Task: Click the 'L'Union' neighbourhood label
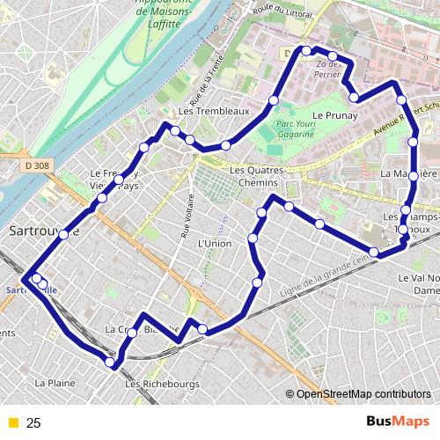click(x=214, y=243)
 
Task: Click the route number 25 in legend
click(x=34, y=423)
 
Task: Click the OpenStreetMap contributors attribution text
click(x=363, y=394)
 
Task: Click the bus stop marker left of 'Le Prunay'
click(x=274, y=102)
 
